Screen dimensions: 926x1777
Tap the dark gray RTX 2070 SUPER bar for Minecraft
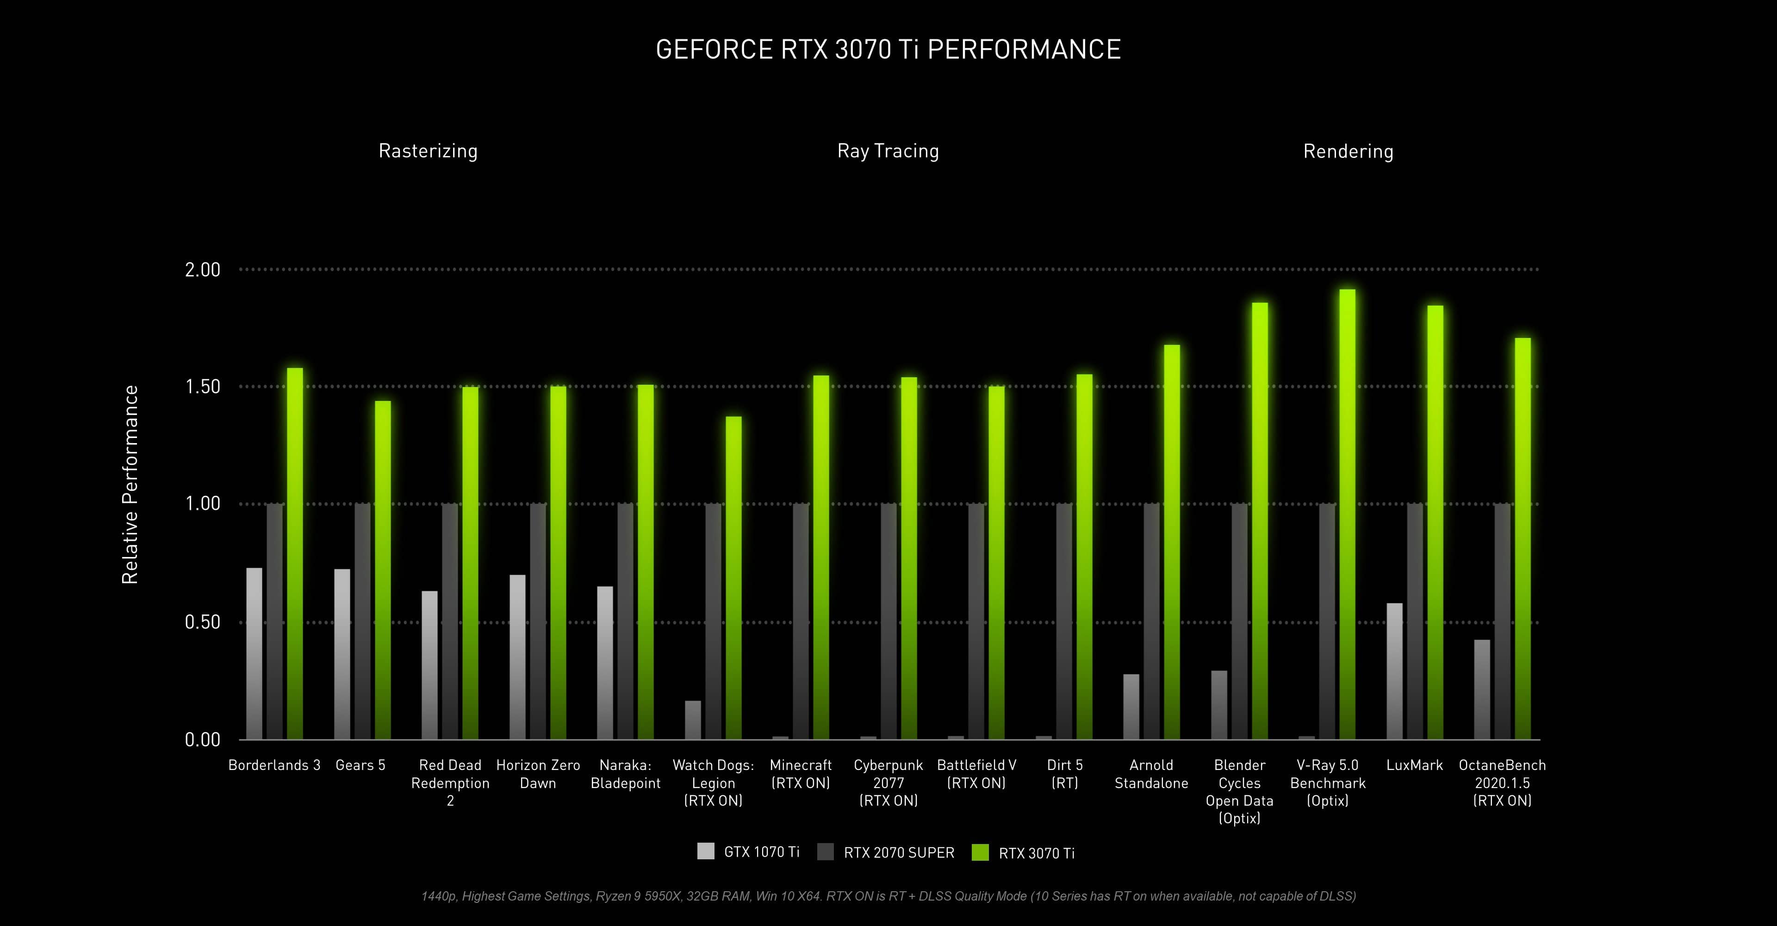[801, 621]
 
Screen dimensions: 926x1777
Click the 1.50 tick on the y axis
[202, 387]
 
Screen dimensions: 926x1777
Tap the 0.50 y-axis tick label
[202, 622]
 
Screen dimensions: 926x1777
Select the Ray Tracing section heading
[888, 151]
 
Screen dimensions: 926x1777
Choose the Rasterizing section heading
[428, 151]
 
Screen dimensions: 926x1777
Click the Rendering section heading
[1348, 152]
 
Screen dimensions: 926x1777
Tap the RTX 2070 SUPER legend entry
[898, 853]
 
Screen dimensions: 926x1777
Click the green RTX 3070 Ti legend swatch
[980, 852]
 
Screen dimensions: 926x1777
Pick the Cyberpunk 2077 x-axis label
[888, 782]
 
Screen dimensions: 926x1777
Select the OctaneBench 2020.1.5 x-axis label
[1502, 782]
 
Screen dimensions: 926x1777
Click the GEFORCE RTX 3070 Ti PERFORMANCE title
[888, 50]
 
